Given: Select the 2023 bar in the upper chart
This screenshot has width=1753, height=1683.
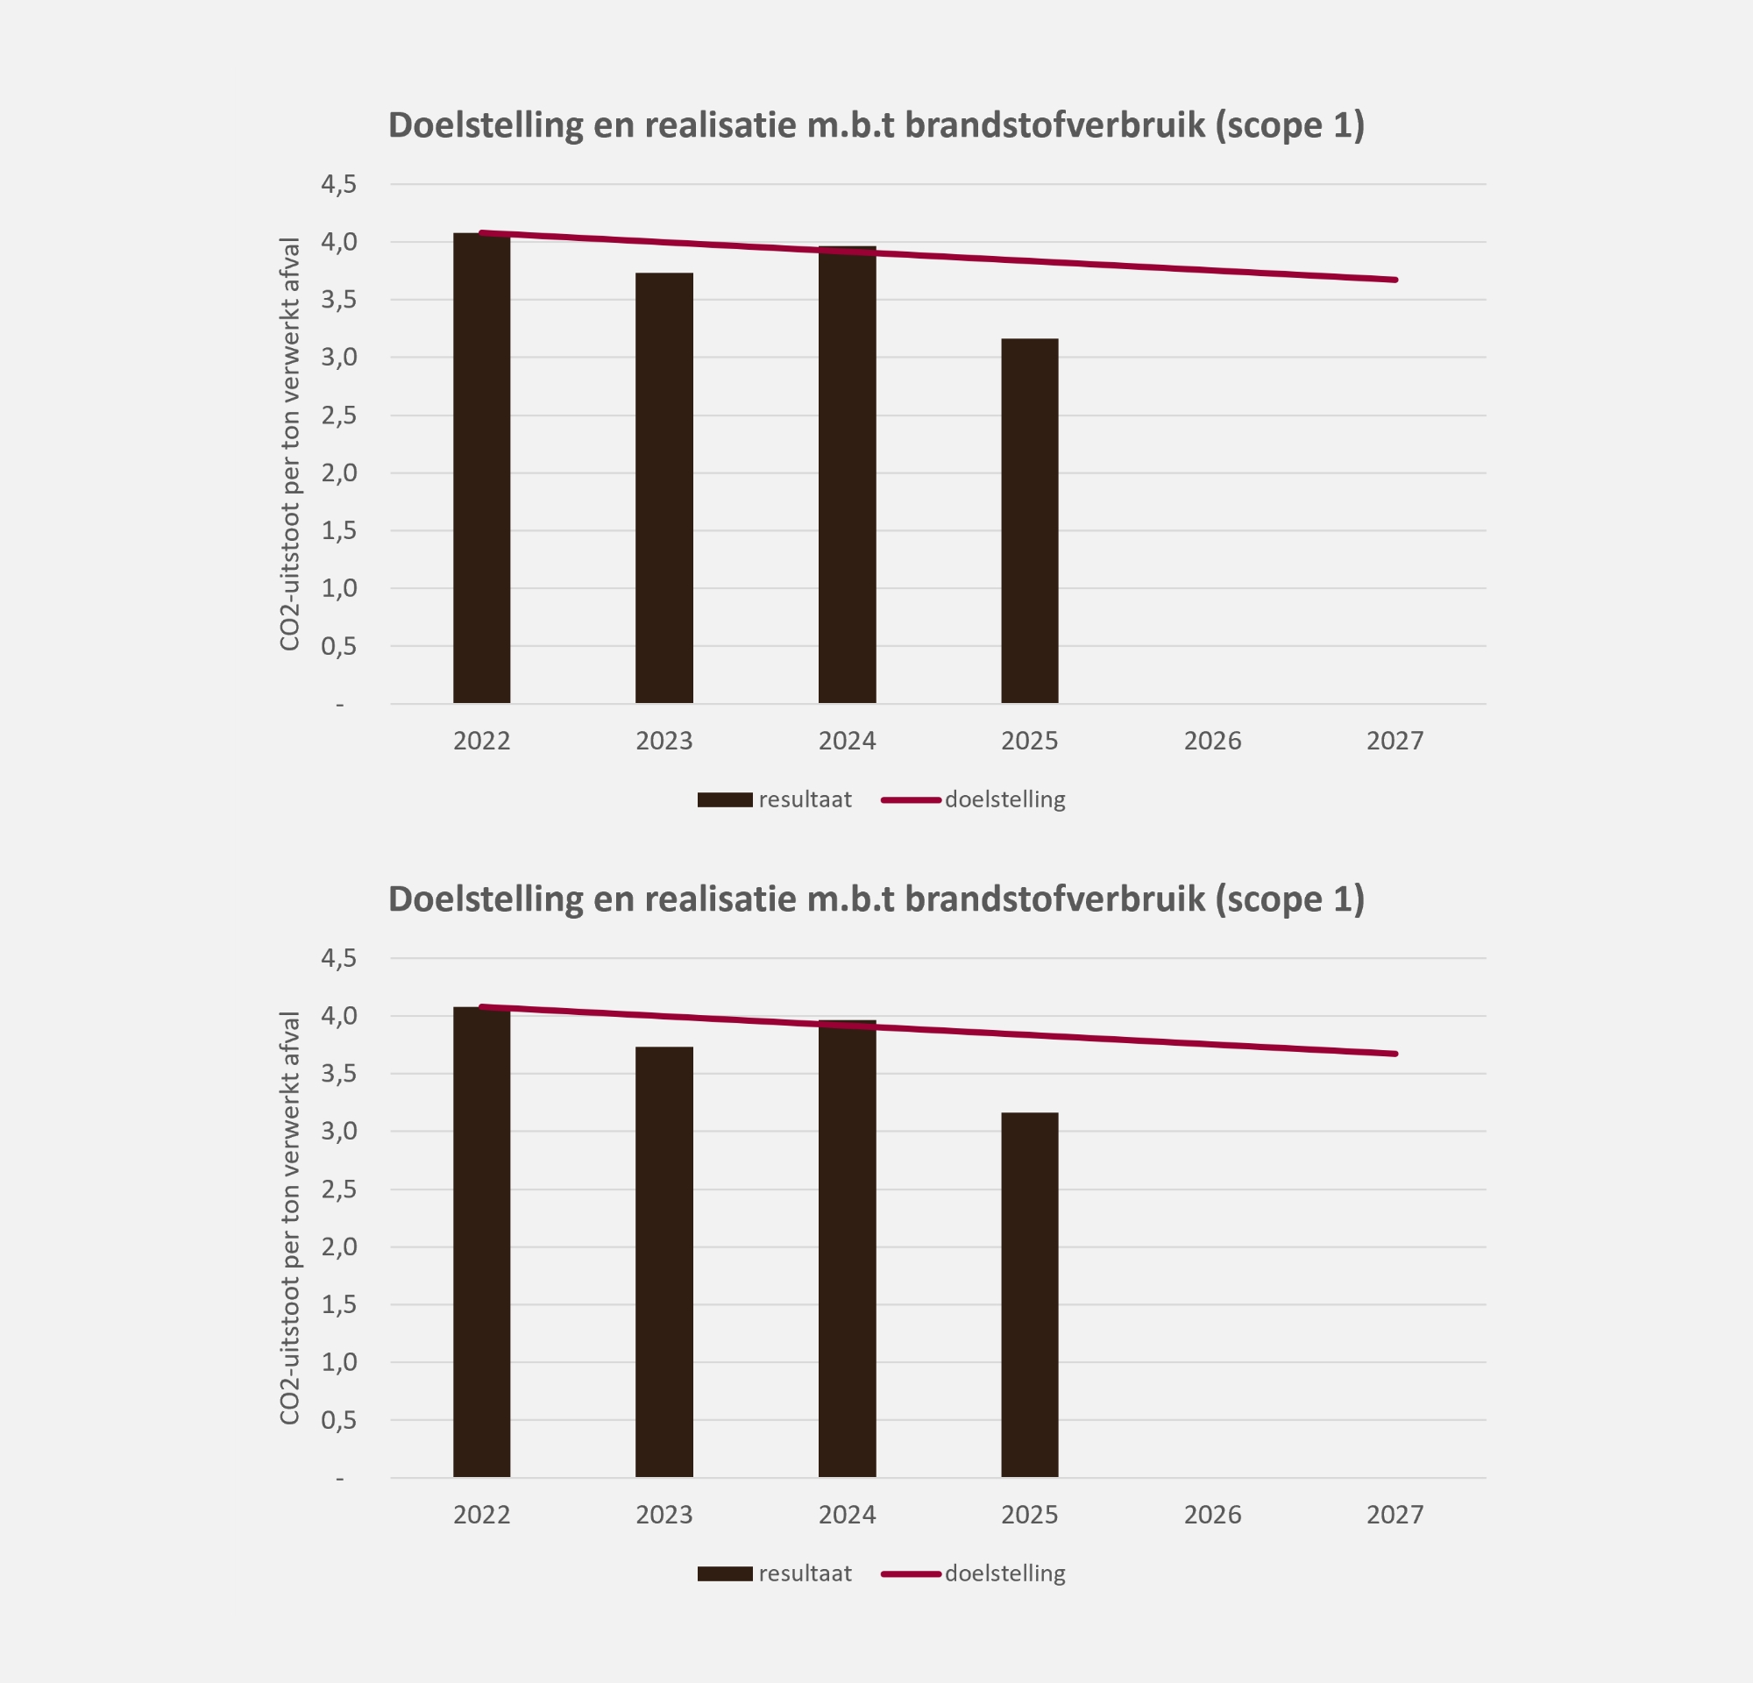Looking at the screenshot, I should pos(664,487).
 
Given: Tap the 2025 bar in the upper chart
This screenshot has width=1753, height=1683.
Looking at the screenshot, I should pos(1029,521).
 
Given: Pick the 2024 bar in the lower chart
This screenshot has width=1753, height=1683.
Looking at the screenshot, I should pos(847,1248).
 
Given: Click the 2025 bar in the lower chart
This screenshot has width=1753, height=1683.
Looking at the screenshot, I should pos(1029,1295).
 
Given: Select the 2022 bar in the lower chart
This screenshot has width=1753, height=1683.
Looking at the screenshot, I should pos(481,1242).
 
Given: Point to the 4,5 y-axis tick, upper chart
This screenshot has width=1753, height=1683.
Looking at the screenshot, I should pos(339,184).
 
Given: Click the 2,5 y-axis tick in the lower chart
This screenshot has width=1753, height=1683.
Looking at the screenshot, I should pos(339,1189).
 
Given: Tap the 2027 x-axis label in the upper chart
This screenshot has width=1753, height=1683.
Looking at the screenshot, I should pos(1395,741).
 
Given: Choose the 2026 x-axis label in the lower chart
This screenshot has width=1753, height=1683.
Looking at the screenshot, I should pos(1212,1515).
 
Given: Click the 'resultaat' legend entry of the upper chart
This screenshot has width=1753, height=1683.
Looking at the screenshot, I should pos(775,799).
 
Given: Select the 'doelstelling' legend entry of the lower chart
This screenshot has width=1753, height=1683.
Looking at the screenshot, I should pos(974,1574).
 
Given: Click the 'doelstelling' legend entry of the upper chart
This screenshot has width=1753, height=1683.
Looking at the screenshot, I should pos(974,799).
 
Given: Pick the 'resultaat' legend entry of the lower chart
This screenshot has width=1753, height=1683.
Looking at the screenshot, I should pos(775,1574).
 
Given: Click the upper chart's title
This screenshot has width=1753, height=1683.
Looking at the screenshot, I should pos(876,125).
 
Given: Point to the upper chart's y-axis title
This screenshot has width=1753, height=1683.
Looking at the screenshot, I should pos(289,444).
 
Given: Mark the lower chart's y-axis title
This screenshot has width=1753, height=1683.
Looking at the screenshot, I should pos(289,1218).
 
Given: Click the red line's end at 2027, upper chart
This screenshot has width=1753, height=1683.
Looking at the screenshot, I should pos(1395,280).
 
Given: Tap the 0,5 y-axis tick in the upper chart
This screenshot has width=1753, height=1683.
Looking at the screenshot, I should pos(339,646).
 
